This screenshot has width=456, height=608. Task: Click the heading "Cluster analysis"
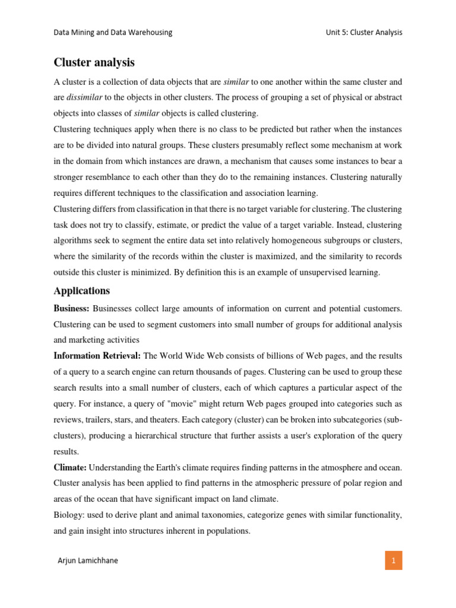[94, 62]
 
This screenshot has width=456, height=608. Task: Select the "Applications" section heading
[81, 291]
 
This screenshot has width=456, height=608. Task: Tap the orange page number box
[392, 560]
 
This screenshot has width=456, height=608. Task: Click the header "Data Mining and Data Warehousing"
[113, 33]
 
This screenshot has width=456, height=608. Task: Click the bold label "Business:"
[71, 308]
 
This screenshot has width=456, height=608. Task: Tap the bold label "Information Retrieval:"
[97, 356]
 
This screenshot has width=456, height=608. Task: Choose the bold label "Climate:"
[70, 468]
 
